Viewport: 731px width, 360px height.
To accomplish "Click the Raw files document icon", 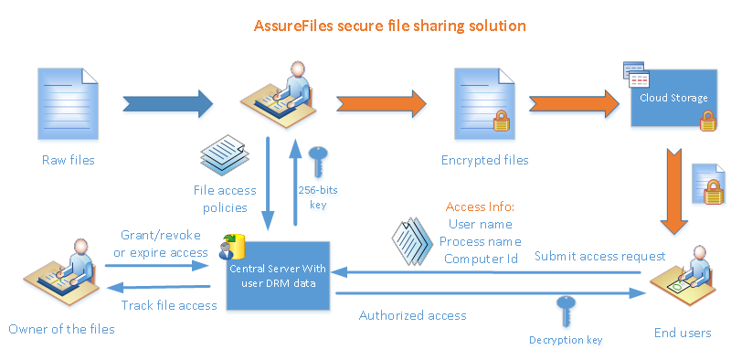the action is point(68,103).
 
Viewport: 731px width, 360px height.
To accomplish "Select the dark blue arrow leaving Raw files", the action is point(168,104).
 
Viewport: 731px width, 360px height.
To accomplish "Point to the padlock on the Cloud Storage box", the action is point(707,121).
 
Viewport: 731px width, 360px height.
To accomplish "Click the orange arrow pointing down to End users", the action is point(673,191).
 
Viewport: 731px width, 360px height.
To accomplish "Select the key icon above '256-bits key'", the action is point(318,162).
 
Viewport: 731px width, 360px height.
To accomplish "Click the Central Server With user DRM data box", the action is point(278,275).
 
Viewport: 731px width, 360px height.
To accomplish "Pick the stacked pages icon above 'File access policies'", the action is point(222,155).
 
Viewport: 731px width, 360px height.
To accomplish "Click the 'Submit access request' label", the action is point(600,256).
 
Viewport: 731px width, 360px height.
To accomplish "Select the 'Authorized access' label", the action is point(413,316).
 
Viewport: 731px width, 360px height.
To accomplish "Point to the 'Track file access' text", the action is point(169,305).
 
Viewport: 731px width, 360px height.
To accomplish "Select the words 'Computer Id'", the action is point(482,259).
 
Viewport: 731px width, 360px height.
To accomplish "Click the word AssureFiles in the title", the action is point(293,26).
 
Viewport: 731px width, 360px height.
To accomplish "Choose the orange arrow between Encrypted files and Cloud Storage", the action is point(573,104).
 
